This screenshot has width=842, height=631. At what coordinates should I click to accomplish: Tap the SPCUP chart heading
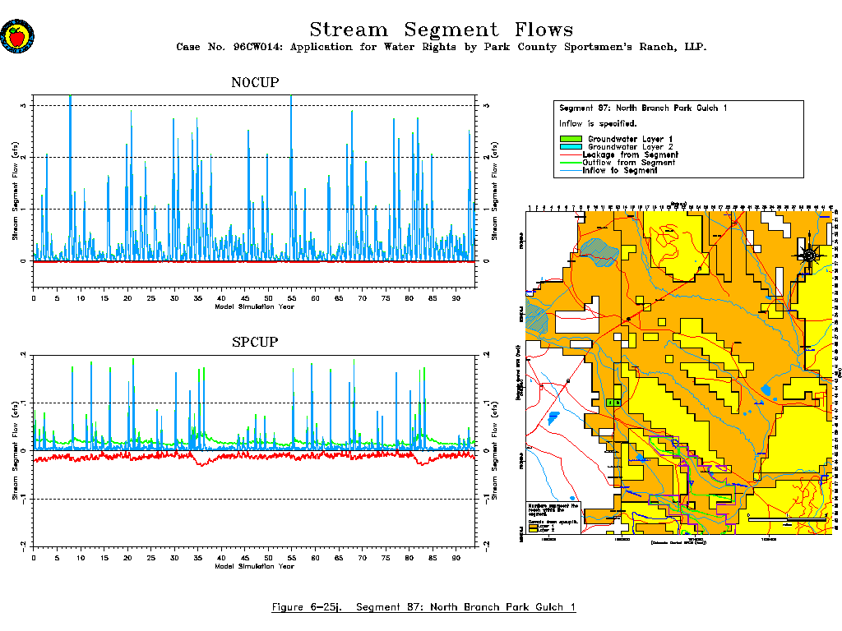(254, 342)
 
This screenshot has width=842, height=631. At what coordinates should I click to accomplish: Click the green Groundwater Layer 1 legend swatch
(570, 139)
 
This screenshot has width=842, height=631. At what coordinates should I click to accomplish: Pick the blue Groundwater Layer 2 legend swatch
(570, 147)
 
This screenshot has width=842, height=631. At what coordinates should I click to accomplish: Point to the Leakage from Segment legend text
(630, 154)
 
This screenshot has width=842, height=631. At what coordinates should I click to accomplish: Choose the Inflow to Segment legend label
(620, 171)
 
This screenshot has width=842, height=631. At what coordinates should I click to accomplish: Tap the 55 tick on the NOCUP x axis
(291, 297)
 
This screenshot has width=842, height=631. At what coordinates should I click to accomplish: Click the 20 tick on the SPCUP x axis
(127, 558)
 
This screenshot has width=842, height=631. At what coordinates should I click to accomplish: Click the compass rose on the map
(810, 255)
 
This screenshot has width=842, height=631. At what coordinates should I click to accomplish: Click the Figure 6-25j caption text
(423, 608)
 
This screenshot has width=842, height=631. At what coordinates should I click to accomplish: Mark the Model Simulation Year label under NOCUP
(254, 307)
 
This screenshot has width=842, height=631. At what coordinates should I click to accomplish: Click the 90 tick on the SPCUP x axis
(456, 558)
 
